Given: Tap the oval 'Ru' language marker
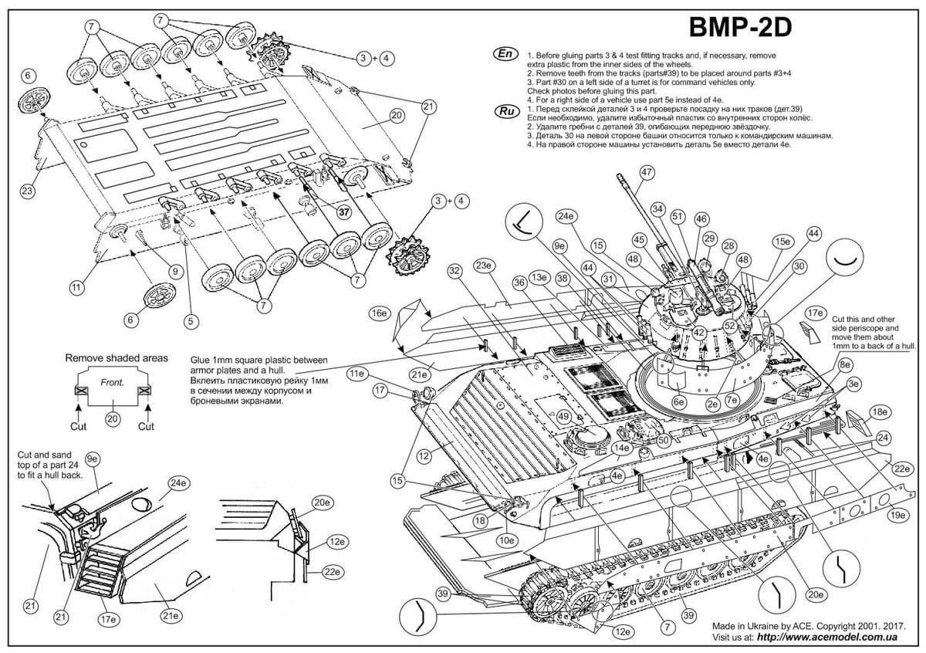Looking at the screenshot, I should click(505, 111).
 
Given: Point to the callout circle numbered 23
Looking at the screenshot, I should click(28, 190).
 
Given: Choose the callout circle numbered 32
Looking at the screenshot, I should click(455, 270).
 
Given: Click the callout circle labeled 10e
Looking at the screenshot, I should click(507, 540).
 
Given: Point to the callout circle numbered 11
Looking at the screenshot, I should click(76, 288).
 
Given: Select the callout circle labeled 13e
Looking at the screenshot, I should click(541, 277).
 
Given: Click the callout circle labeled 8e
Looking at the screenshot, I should click(847, 364).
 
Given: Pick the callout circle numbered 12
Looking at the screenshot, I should click(423, 456).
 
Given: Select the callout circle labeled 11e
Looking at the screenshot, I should click(357, 373).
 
